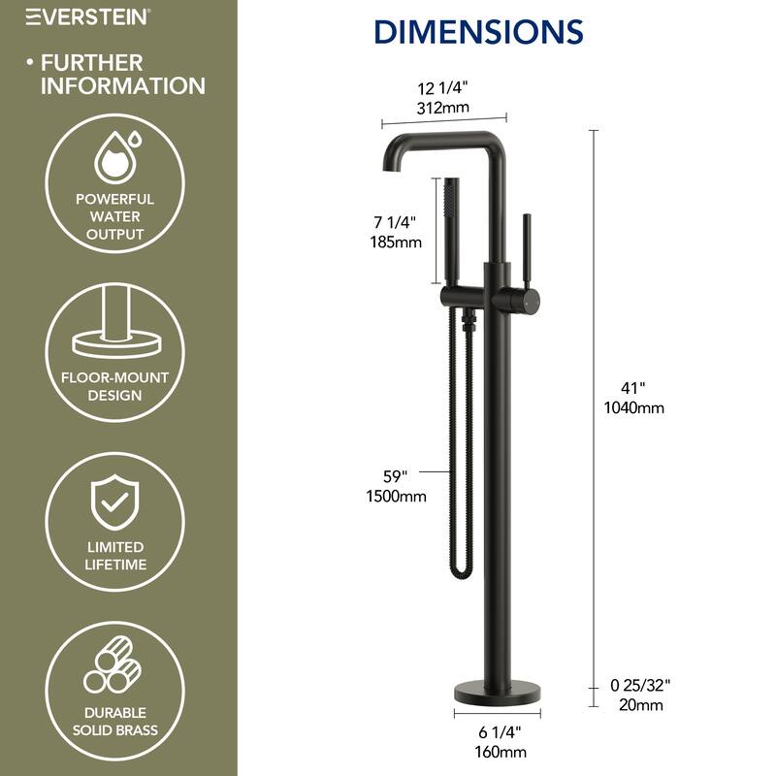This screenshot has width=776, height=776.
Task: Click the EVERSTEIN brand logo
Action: [x=86, y=16]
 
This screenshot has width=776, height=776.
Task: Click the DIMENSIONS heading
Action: [x=478, y=31]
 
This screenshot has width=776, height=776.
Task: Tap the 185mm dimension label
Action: [x=397, y=242]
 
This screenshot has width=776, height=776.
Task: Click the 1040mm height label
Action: [x=633, y=407]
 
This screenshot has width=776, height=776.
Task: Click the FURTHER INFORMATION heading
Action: [x=121, y=74]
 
